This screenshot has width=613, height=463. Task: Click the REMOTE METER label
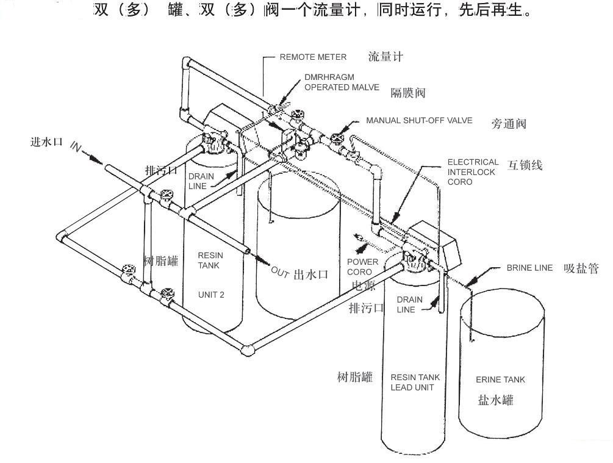pos(313,57)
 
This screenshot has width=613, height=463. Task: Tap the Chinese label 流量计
pos(385,57)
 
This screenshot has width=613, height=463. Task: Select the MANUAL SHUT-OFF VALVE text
pos(419,121)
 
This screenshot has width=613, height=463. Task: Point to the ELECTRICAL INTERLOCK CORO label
pos(473,172)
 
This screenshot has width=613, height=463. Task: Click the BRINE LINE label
pos(529,268)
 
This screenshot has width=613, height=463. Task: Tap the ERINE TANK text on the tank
pos(500,379)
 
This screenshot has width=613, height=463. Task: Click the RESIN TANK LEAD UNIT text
pos(415,382)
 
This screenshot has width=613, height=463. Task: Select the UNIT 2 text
pos(211,295)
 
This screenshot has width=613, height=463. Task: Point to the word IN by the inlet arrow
pos(76,146)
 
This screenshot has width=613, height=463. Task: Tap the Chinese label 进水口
pos(47,142)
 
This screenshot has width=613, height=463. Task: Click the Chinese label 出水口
pos(311,275)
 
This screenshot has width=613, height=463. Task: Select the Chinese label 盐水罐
pos(495,400)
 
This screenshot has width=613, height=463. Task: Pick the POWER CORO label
pos(362,267)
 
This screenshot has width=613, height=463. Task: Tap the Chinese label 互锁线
pos(525,165)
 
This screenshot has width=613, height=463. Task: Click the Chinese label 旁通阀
pos(508,124)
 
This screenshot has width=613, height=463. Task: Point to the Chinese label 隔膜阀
pos(407,93)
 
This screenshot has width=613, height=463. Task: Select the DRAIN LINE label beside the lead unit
pos(409,304)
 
